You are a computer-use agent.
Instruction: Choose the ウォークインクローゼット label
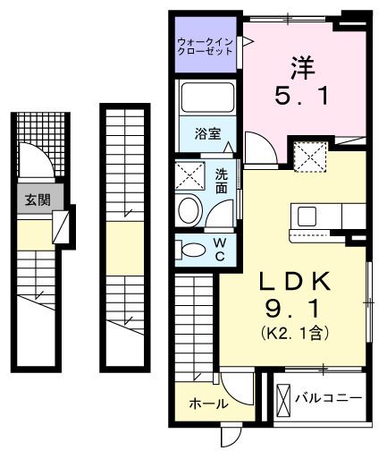[206, 46]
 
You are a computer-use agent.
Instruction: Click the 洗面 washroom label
[221, 182]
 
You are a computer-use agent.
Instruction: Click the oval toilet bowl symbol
[189, 211]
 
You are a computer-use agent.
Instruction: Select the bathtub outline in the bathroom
[206, 98]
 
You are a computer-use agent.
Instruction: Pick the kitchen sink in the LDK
[306, 217]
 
